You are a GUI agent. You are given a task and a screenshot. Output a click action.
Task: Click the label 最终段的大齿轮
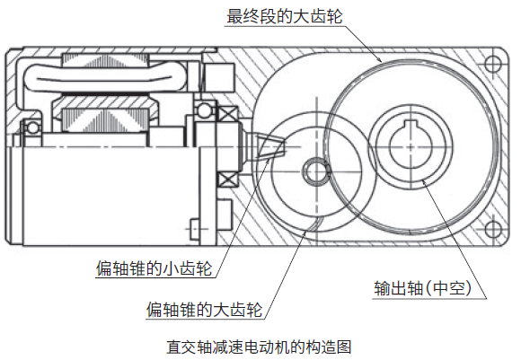[285, 16]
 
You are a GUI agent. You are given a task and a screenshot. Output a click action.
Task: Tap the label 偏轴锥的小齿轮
[155, 268]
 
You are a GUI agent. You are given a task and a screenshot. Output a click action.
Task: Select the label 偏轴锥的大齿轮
[204, 310]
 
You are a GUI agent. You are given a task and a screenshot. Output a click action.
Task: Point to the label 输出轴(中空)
[423, 288]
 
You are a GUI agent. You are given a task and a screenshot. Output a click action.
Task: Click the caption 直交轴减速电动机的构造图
[259, 347]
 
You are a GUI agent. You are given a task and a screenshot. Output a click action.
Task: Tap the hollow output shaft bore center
[411, 146]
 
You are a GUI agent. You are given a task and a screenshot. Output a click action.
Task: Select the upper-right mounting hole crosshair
[493, 63]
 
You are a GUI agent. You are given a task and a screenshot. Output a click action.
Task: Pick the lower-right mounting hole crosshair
[493, 229]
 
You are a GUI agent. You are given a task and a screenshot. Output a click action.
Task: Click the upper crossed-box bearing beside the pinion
[227, 115]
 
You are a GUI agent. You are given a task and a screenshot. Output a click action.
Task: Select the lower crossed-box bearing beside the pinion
[227, 180]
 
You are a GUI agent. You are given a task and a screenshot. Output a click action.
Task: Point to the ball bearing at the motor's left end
[32, 127]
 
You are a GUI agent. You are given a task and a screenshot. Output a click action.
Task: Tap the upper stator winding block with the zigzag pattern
[105, 61]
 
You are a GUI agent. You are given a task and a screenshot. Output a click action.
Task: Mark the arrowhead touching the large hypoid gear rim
[306, 230]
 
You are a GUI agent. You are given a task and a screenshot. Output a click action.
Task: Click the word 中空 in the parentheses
[448, 288]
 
